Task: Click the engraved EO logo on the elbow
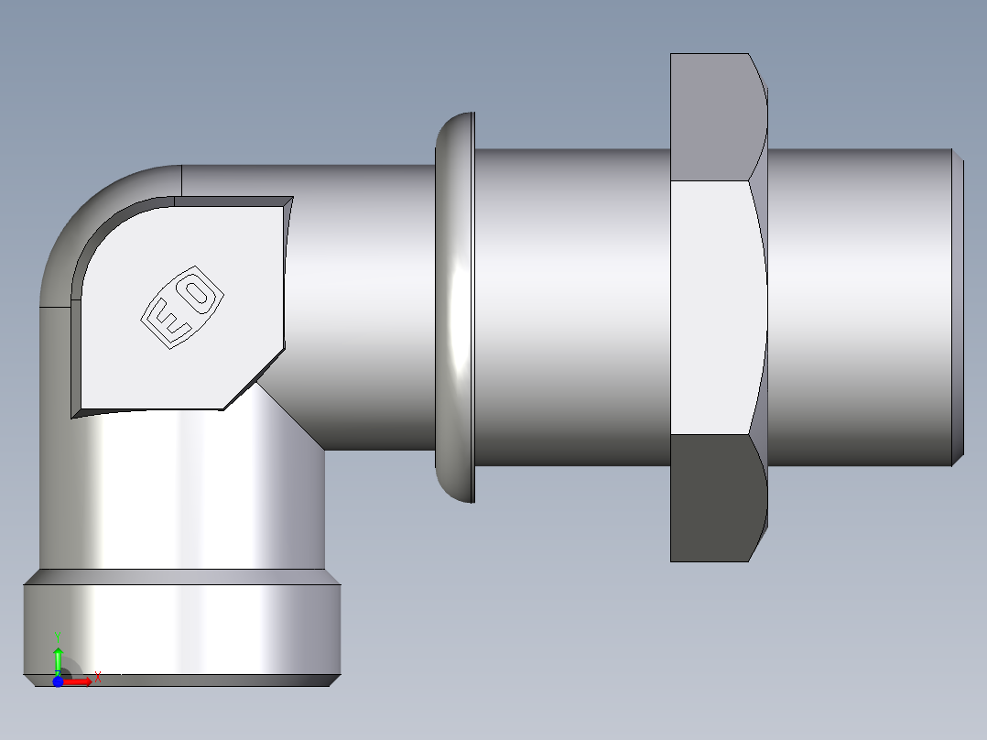point(182,307)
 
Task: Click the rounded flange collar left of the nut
point(455,307)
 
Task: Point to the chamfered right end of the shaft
point(957,307)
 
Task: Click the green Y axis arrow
point(58,658)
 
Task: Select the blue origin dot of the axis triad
point(58,681)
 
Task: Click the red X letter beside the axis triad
point(97,677)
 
